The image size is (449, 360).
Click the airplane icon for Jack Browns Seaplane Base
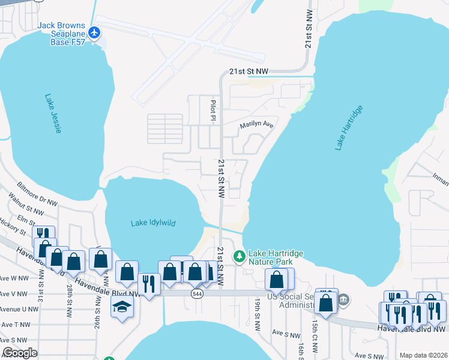(x=94, y=31)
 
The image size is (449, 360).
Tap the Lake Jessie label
(x=53, y=113)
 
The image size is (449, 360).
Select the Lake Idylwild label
(x=153, y=223)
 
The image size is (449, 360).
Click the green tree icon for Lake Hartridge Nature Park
(x=240, y=256)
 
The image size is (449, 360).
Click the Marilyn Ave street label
(x=256, y=125)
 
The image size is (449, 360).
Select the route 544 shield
(x=197, y=293)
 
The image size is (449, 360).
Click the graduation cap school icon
(x=122, y=307)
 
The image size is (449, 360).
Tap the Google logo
(x=20, y=353)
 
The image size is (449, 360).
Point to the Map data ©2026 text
(x=423, y=355)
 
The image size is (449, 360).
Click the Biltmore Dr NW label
(x=37, y=193)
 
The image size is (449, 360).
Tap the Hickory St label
(x=13, y=227)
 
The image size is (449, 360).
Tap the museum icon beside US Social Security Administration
(x=343, y=299)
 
